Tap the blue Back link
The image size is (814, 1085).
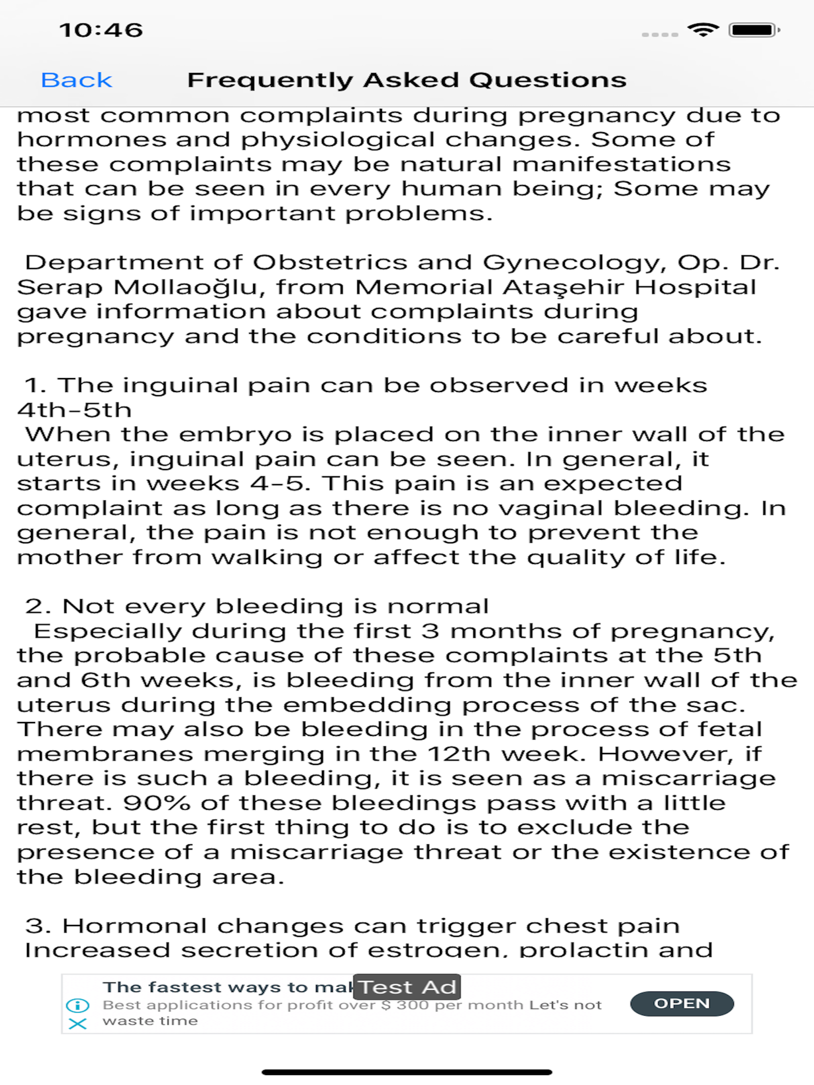pyautogui.click(x=77, y=80)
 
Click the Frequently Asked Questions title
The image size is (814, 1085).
pyautogui.click(x=407, y=80)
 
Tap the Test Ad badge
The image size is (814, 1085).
pyautogui.click(x=407, y=987)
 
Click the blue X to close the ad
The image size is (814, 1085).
pyautogui.click(x=78, y=1024)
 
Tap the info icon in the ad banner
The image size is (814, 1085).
pyautogui.click(x=78, y=1006)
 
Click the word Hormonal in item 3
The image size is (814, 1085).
pyautogui.click(x=134, y=926)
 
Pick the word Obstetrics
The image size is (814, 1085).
pyautogui.click(x=330, y=263)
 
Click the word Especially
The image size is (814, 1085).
pyautogui.click(x=108, y=631)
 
